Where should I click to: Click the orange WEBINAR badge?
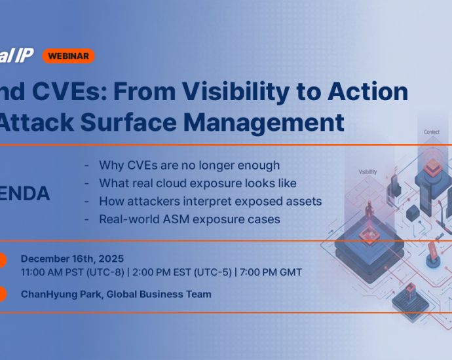(x=68, y=56)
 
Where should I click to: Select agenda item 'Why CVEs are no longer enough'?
(x=189, y=165)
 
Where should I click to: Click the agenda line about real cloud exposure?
(x=197, y=183)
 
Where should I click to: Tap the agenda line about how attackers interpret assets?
(x=210, y=201)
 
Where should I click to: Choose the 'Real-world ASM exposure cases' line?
(x=189, y=219)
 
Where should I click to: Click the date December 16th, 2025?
(x=73, y=259)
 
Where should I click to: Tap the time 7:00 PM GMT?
(x=271, y=272)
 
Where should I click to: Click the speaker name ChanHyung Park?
(x=60, y=295)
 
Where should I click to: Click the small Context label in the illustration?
(x=432, y=132)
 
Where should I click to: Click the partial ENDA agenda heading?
(x=25, y=194)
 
